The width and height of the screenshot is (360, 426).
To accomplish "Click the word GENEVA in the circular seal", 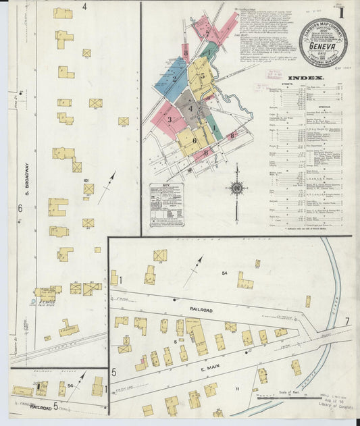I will pyautogui.click(x=322, y=47).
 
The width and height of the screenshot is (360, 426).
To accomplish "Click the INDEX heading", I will pyautogui.click(x=305, y=78).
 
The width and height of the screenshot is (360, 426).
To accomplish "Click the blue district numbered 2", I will pyautogui.click(x=174, y=80).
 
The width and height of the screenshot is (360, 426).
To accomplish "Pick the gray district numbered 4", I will pyautogui.click(x=191, y=107).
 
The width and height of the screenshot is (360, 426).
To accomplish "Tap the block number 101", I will pyautogui.click(x=86, y=181).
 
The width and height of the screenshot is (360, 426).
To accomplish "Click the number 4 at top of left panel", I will pyautogui.click(x=84, y=7).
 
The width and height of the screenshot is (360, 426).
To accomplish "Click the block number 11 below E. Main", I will pyautogui.click(x=238, y=390).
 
